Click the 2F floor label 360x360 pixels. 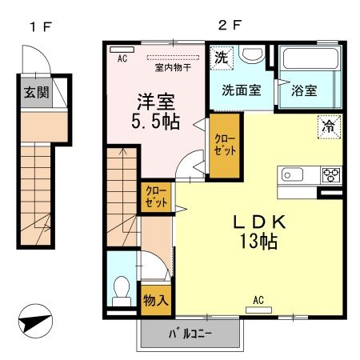(x=230, y=26)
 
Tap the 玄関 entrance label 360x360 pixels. (x=35, y=92)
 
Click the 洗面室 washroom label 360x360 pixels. (x=241, y=90)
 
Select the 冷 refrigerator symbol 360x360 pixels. (x=328, y=125)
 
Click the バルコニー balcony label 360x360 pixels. (x=190, y=334)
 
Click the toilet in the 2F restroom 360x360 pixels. (x=122, y=289)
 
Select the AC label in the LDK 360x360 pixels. (x=258, y=299)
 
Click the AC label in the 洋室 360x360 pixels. (x=122, y=58)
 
